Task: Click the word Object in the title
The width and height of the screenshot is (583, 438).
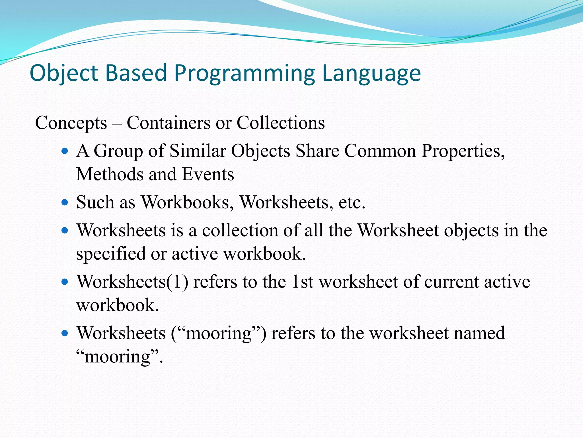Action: (x=64, y=73)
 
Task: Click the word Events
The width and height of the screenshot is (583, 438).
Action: (x=208, y=174)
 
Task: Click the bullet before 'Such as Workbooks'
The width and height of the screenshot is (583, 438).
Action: (x=65, y=202)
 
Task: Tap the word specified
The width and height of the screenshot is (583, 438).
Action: (x=111, y=254)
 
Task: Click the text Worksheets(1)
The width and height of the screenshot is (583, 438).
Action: (x=132, y=282)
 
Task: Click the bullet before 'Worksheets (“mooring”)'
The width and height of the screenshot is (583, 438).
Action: (x=65, y=333)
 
